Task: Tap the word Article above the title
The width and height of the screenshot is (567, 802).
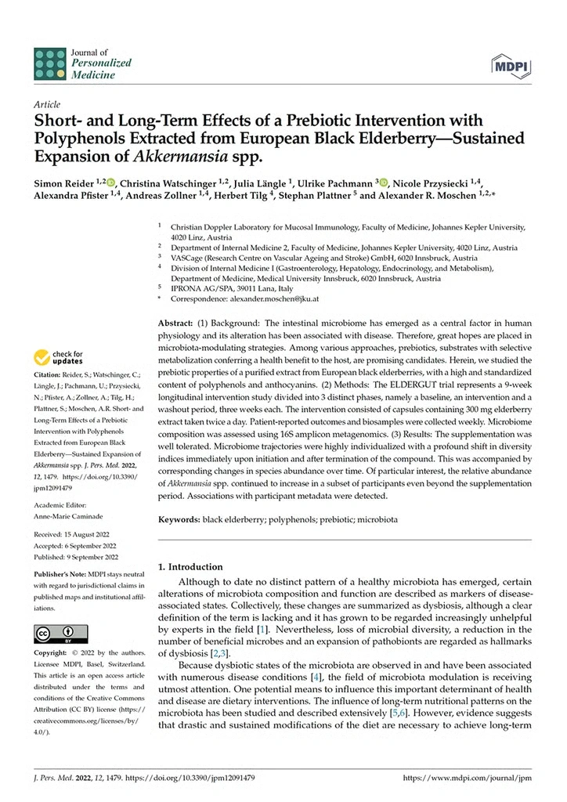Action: (49, 103)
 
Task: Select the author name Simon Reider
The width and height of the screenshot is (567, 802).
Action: (66, 182)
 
